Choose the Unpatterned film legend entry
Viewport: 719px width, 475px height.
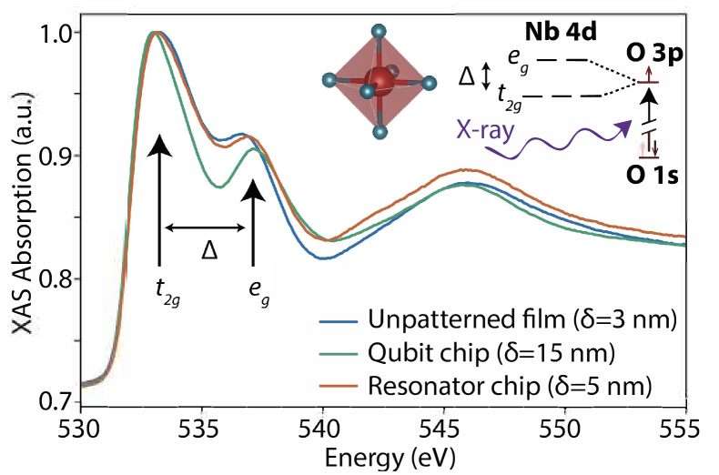point(495,320)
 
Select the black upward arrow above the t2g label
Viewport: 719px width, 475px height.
point(160,200)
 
